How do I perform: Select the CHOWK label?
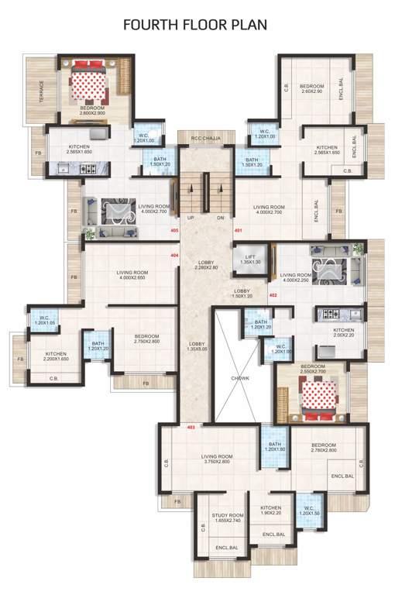tap(239, 379)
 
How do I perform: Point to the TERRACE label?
tap(42, 91)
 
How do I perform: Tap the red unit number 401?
tap(239, 231)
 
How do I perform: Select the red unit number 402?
tap(273, 295)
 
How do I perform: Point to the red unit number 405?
tap(174, 231)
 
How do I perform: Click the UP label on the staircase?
tap(191, 218)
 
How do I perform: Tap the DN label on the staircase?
tap(220, 218)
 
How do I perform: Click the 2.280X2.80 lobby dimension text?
tap(205, 267)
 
